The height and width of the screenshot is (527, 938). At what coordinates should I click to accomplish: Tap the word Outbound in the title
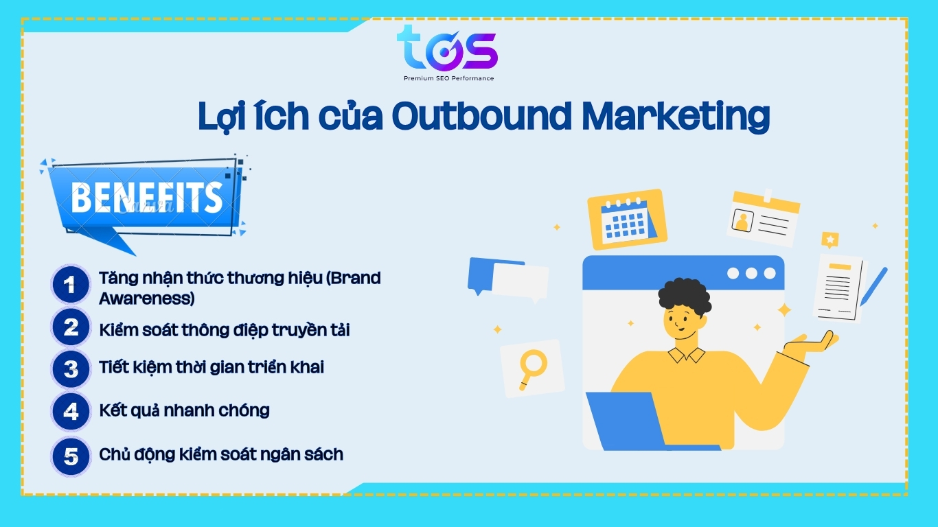tap(481, 115)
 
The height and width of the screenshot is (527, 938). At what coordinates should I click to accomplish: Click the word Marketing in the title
tap(676, 117)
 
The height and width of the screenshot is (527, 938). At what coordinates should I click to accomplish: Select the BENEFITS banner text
tap(146, 198)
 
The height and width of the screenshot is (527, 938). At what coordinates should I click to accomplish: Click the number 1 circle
tap(70, 285)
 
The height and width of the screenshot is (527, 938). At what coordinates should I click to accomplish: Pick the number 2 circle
tap(70, 327)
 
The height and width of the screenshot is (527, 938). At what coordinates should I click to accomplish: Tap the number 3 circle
tap(70, 369)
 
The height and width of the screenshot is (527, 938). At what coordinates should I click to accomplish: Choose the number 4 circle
tap(70, 411)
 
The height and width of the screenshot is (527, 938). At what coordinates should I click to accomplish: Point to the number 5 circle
tap(70, 456)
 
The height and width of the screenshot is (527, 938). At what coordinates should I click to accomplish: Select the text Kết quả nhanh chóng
tap(184, 410)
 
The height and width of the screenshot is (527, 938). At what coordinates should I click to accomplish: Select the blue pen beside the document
tap(874, 286)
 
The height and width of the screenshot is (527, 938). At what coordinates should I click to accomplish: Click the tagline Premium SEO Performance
tap(448, 78)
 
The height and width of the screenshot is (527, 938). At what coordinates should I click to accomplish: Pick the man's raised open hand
tap(812, 342)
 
